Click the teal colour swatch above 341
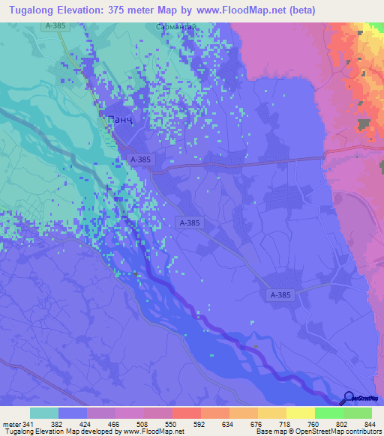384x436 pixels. pyautogui.click(x=44, y=413)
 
